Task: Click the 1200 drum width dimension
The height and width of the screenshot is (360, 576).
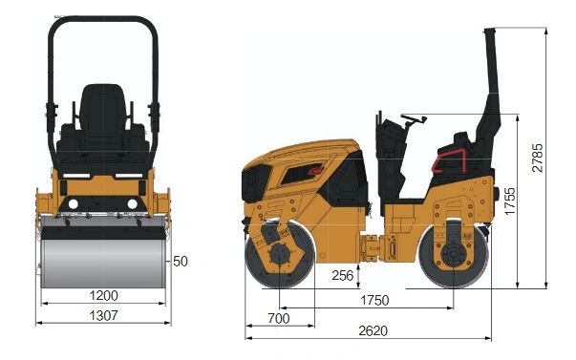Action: (104, 295)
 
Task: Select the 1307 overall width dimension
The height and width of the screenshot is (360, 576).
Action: (104, 315)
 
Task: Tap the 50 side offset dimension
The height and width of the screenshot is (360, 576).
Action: (180, 262)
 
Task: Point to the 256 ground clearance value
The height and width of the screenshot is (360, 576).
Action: (342, 275)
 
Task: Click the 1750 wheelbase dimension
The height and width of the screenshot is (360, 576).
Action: (374, 300)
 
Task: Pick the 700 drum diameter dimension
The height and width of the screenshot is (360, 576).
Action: (279, 318)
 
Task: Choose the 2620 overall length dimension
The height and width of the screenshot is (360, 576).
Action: (373, 330)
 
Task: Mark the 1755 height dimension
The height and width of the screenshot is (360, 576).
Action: (510, 201)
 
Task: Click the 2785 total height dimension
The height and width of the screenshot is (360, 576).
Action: (537, 158)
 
